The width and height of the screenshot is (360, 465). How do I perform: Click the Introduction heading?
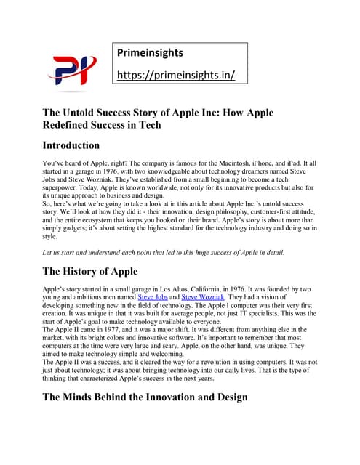(71, 145)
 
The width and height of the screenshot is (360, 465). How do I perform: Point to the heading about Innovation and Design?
(145, 397)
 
